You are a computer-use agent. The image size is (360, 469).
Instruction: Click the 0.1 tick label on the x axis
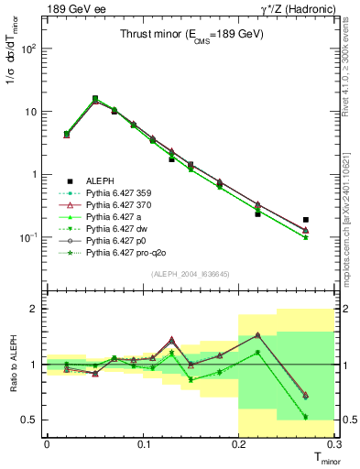(x=143, y=443)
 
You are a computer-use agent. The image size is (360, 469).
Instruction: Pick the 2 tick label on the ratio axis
(x=37, y=309)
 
